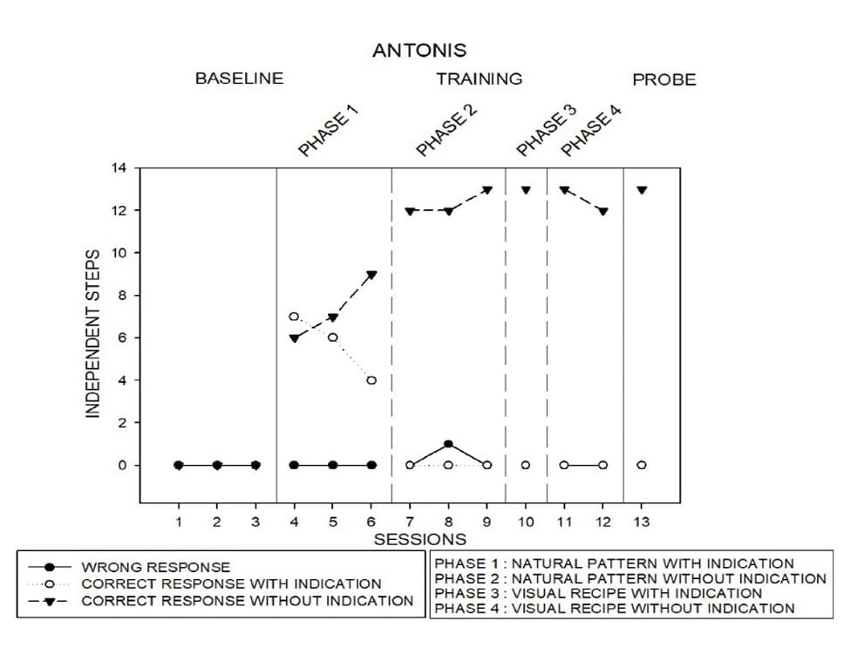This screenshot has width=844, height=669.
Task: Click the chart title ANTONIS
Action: click(419, 51)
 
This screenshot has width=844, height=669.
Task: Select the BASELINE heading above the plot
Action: click(239, 79)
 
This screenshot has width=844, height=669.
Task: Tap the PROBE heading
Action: click(664, 80)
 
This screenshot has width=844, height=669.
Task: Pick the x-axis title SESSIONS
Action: click(420, 540)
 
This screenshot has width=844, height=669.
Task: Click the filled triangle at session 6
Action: click(371, 275)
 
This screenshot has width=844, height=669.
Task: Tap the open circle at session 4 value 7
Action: click(294, 317)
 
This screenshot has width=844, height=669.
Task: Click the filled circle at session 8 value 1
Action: click(448, 444)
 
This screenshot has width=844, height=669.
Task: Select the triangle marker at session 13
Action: click(642, 190)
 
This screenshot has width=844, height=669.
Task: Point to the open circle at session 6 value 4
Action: click(371, 380)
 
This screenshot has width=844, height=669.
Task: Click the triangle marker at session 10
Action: click(526, 190)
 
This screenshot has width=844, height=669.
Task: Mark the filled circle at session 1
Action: click(179, 465)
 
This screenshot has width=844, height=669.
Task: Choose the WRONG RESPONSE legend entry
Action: click(155, 567)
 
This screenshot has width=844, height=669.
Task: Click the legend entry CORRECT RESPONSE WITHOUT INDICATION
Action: click(247, 601)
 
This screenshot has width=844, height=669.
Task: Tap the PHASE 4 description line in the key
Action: click(615, 608)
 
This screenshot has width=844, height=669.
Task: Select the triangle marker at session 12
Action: click(602, 211)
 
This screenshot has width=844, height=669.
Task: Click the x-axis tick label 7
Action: click(410, 522)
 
